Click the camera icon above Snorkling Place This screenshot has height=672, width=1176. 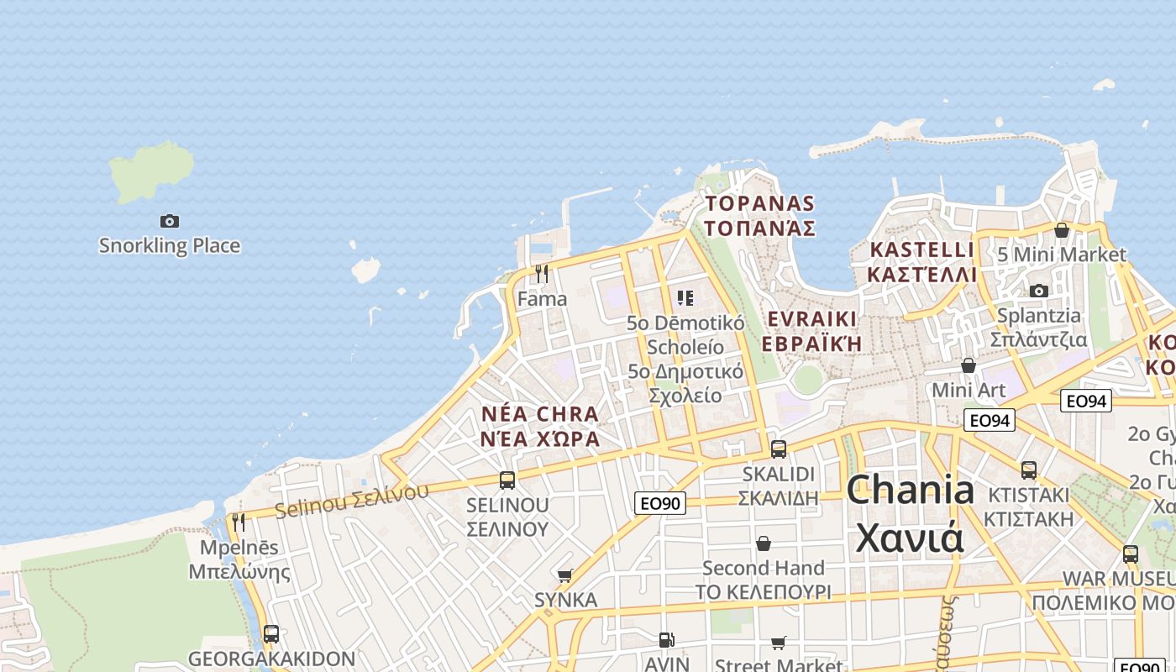click(170, 221)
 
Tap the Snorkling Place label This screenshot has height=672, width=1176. click(170, 246)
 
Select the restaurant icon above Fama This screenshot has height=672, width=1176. click(542, 274)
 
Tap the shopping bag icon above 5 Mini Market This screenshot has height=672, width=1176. click(1062, 229)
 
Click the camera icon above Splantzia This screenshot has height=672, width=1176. click(1039, 291)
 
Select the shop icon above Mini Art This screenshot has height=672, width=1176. click(969, 365)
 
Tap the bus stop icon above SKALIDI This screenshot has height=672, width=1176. click(779, 449)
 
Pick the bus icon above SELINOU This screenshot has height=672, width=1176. click(507, 480)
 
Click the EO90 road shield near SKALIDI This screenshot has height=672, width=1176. click(660, 503)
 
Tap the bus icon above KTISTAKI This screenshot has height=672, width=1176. click(1029, 470)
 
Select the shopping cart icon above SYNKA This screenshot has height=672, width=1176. click(565, 575)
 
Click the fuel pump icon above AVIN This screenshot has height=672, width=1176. click(666, 640)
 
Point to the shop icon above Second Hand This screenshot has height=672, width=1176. click(764, 543)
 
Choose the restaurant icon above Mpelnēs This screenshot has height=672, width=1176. click(239, 522)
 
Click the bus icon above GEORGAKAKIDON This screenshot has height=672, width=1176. click(271, 633)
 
